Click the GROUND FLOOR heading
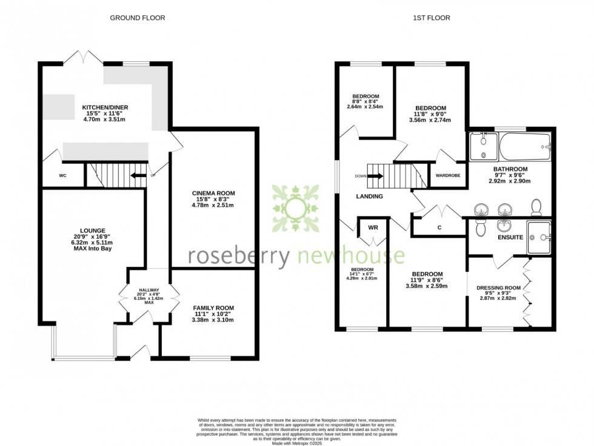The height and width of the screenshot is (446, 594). pos(137,18)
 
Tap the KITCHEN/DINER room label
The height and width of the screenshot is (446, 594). pos(105,108)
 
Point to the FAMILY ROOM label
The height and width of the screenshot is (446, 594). pos(213,308)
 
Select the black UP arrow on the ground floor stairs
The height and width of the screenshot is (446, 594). pos(139,176)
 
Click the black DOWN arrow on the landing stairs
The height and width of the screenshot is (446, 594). pos(375,177)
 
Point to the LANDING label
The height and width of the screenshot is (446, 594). pos(369,197)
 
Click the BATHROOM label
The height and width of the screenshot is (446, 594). pos(510,169)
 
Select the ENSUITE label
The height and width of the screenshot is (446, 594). pos(510,237)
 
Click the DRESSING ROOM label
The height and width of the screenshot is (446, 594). pos(498,288)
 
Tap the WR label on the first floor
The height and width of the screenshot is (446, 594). pos(373,228)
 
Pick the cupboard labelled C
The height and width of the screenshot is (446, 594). pos(439,228)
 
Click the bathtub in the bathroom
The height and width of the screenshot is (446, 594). pos(524,146)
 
